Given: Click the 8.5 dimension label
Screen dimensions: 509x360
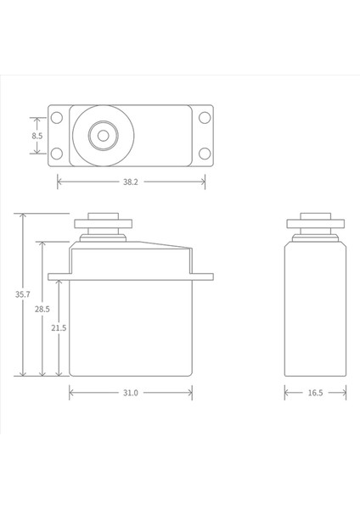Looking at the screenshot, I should click(37, 136).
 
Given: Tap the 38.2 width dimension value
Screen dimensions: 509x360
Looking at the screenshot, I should click(131, 182).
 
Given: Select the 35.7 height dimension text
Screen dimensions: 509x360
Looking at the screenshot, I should click(23, 294).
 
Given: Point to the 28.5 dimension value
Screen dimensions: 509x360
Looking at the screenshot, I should click(42, 310).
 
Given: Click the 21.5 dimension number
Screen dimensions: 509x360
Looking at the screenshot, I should click(59, 327).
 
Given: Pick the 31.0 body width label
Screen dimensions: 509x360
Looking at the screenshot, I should click(130, 393).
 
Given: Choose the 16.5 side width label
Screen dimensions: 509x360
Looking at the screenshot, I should click(314, 393).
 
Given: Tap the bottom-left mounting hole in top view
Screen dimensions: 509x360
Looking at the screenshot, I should click(56, 154).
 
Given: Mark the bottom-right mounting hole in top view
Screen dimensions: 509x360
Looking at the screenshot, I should click(205, 154).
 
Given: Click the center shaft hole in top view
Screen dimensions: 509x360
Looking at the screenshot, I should click(103, 135).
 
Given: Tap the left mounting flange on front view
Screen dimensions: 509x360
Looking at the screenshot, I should click(58, 275).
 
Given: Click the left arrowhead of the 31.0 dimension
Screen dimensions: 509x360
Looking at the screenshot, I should click(71, 393).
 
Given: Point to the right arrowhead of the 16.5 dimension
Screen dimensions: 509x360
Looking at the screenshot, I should click(344, 393).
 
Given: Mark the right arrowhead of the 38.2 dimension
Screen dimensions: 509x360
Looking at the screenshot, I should click(203, 182).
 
